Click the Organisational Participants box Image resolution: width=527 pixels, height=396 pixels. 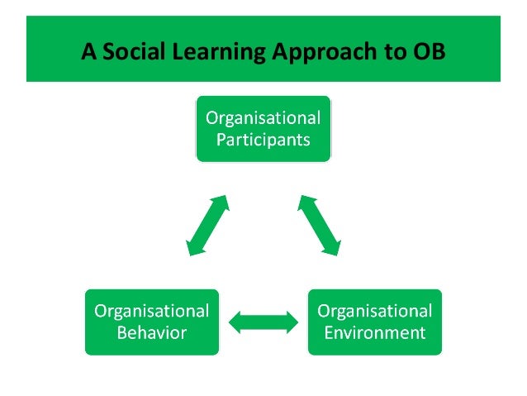click(x=263, y=128)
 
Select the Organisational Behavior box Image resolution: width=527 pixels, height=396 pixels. click(x=152, y=322)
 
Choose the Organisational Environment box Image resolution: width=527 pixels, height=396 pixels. click(x=375, y=322)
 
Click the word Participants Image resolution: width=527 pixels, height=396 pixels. click(x=263, y=139)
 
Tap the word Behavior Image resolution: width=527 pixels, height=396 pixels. click(x=152, y=333)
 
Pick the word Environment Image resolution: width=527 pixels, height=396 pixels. click(x=375, y=333)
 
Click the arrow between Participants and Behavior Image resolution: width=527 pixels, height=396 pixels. click(x=207, y=224)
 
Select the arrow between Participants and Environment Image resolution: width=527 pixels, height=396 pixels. click(x=320, y=224)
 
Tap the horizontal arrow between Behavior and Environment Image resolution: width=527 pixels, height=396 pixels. click(x=263, y=322)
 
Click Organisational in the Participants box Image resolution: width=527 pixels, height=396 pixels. click(x=263, y=117)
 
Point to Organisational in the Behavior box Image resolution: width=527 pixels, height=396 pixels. click(x=152, y=312)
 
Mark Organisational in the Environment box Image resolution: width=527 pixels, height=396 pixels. click(x=375, y=312)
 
